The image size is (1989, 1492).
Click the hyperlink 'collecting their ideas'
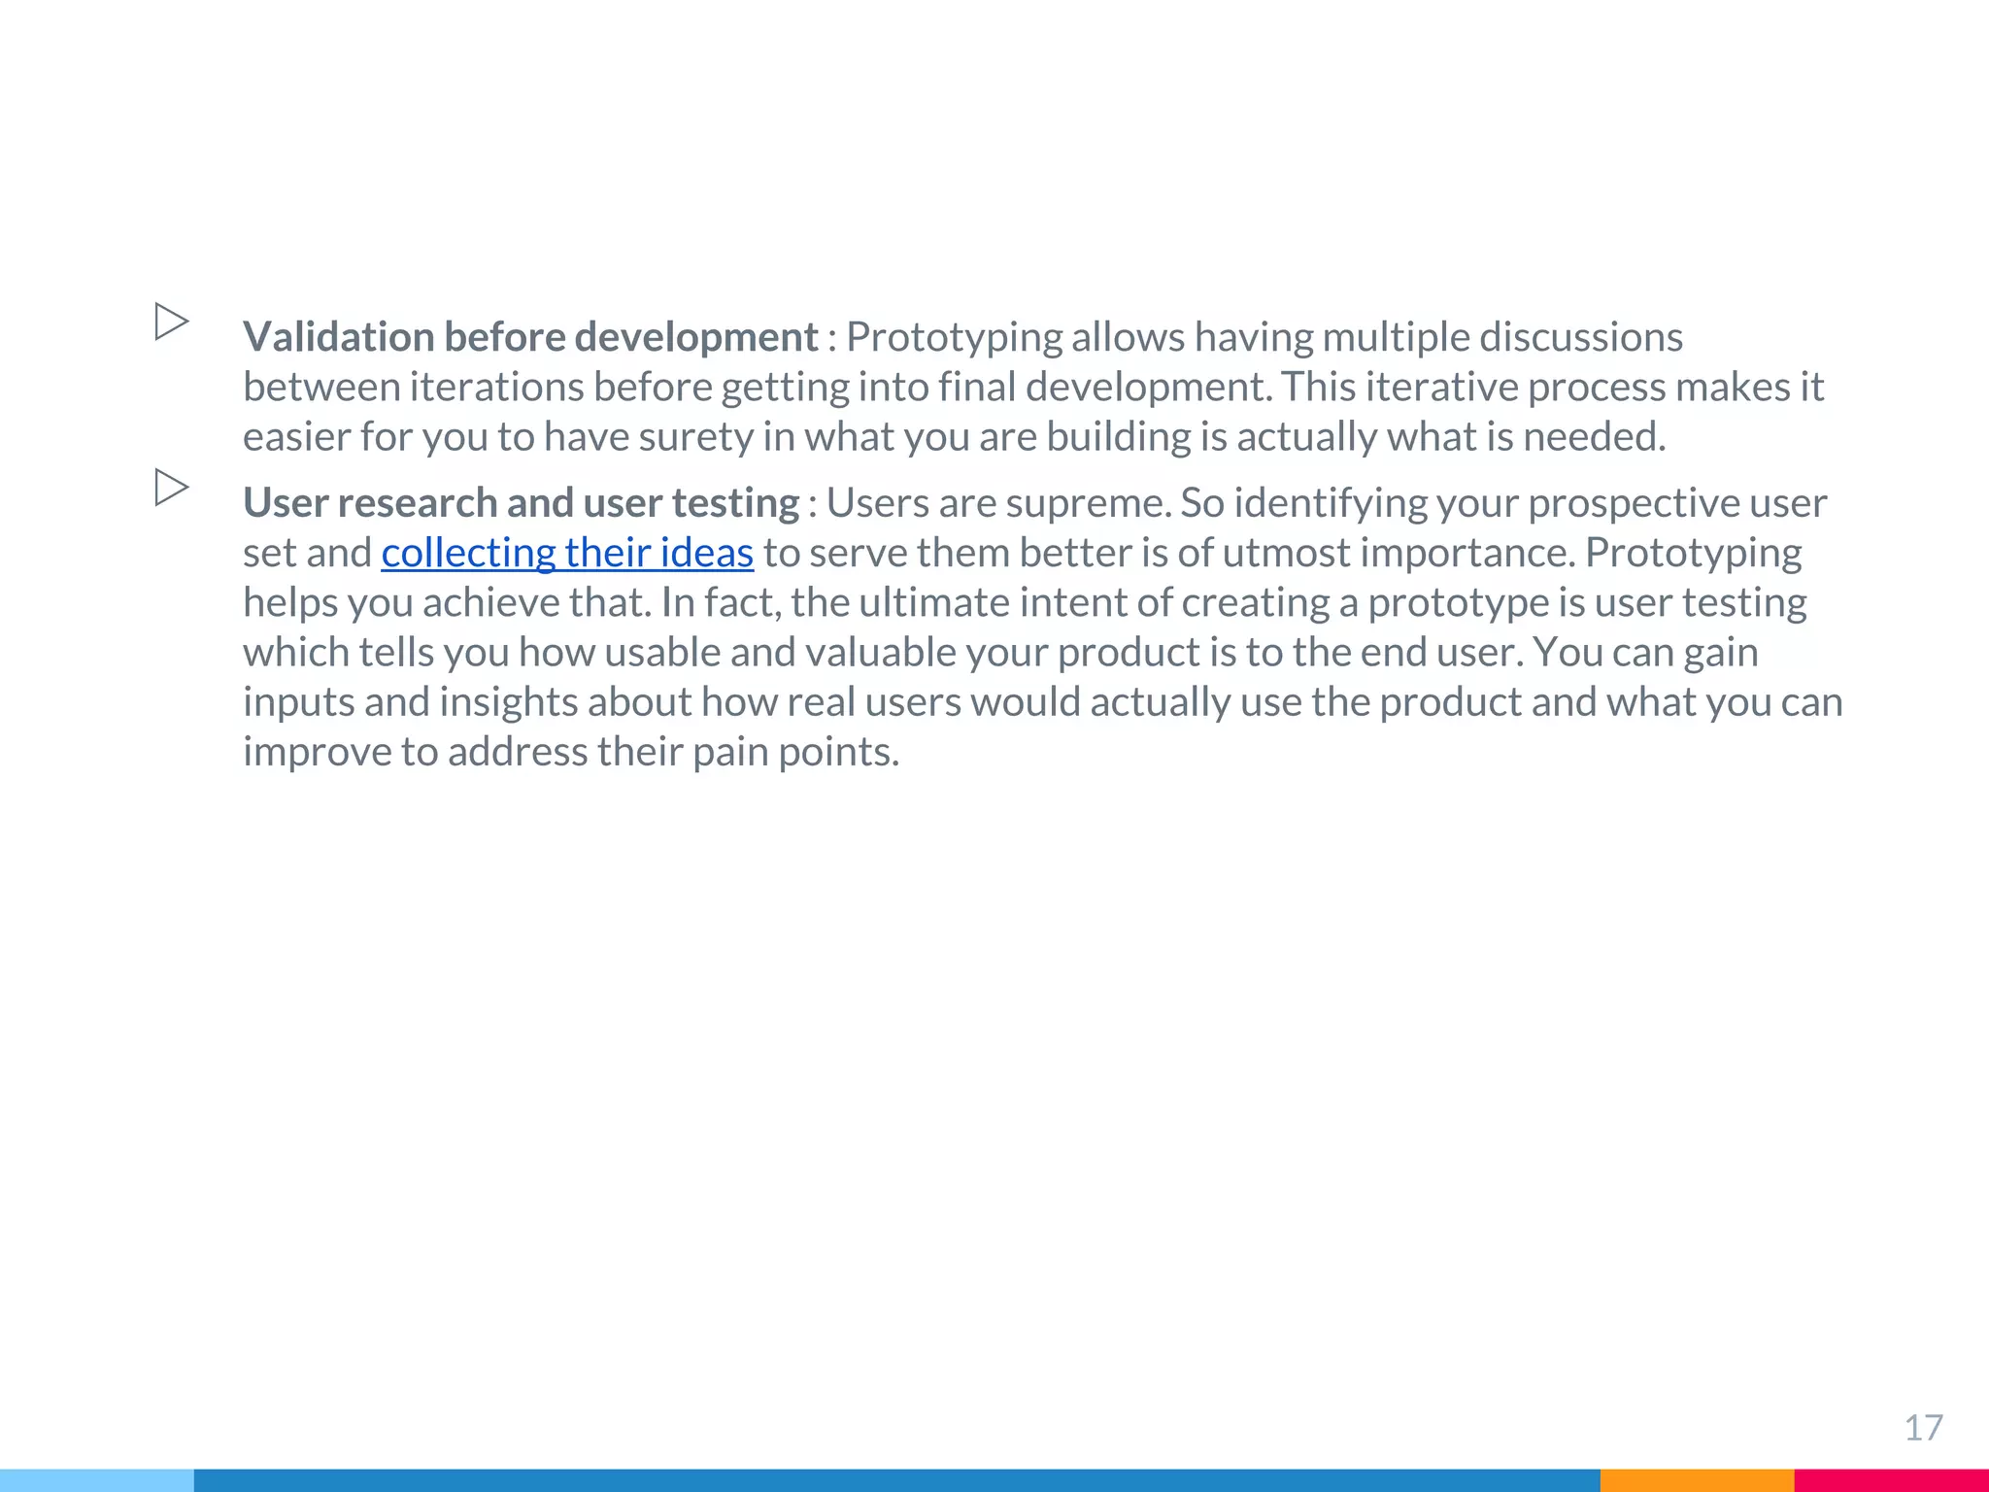(x=567, y=554)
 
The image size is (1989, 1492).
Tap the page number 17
(x=1923, y=1428)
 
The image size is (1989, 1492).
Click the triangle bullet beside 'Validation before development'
(x=172, y=322)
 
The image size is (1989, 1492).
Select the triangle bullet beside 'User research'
(x=172, y=488)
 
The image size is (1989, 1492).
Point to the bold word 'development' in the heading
(x=696, y=337)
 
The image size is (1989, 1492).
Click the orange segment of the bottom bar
(x=1697, y=1480)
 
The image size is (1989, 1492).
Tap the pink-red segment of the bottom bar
(x=1891, y=1480)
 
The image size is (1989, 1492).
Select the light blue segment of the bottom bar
(x=97, y=1480)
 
